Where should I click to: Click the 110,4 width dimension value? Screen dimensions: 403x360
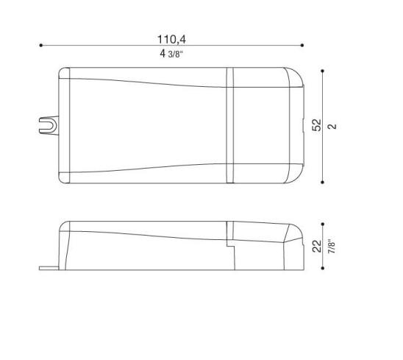tap(171, 39)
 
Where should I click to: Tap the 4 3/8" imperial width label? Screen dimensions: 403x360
tap(171, 54)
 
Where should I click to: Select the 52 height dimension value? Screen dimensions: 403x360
tap(317, 125)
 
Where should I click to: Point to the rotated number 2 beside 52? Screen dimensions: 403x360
tap(332, 127)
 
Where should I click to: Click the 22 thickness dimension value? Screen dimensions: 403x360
tap(317, 246)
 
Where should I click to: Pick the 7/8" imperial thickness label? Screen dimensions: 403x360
tap(332, 245)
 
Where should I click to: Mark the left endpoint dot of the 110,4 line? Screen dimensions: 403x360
tap(41, 46)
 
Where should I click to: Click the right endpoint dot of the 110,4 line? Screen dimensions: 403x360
tap(302, 46)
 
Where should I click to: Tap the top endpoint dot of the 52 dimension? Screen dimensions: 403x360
tap(323, 71)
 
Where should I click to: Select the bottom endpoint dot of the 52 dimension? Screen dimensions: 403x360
tap(323, 182)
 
